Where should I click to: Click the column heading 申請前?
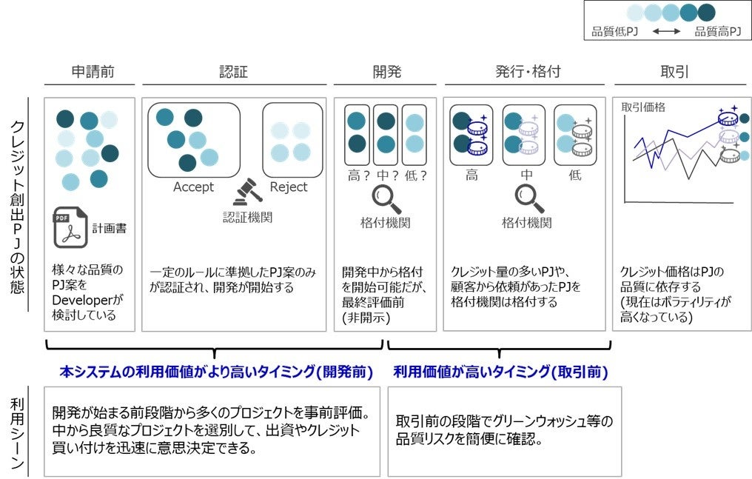[x=93, y=72]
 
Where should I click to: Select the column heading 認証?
[x=233, y=72]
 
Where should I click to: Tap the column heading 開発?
[x=386, y=72]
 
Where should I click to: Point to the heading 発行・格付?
[x=528, y=72]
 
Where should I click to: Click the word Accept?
[x=193, y=187]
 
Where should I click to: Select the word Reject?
[x=289, y=187]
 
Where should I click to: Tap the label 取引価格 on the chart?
[x=643, y=107]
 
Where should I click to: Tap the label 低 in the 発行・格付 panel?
[x=575, y=175]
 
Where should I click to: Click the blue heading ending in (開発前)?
[x=215, y=372]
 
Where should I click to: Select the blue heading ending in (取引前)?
[x=500, y=372]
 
